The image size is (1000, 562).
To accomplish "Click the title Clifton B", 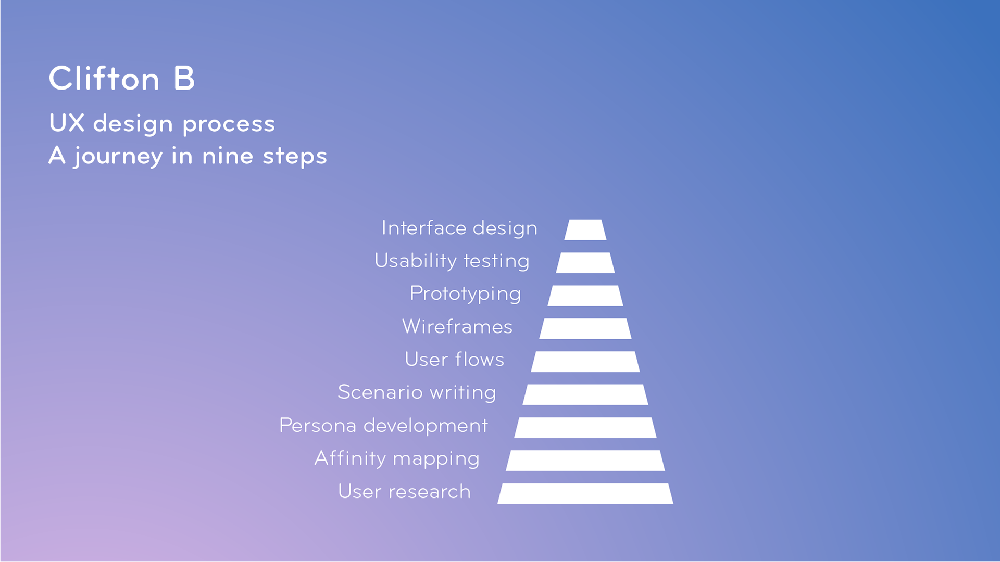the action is point(122,79).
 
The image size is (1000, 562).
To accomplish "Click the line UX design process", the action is point(162,124).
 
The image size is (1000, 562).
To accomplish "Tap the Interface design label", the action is point(459,228).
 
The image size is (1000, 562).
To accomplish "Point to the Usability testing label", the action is point(452,261).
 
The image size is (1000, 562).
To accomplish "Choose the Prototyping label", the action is point(466,294).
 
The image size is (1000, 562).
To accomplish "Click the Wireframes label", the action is point(457,327).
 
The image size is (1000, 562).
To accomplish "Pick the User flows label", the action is point(455,360).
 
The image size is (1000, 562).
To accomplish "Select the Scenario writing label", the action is point(417,392).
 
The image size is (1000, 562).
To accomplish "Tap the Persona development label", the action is point(384,426).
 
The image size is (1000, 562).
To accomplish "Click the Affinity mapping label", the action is point(397,459).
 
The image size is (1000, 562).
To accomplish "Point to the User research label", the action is point(405,492).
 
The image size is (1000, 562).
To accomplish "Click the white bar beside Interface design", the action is point(585,229).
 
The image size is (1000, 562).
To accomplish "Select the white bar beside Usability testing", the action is point(585,263).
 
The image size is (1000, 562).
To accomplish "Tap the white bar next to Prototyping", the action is point(585,296).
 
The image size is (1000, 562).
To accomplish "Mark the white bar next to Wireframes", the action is point(585,328).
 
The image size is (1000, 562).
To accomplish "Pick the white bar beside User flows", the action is point(585,362).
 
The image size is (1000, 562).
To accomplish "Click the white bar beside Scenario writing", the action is point(585,394).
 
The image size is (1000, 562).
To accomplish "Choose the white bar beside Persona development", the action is point(585,427).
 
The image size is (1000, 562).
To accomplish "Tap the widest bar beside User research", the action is point(585,493).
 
